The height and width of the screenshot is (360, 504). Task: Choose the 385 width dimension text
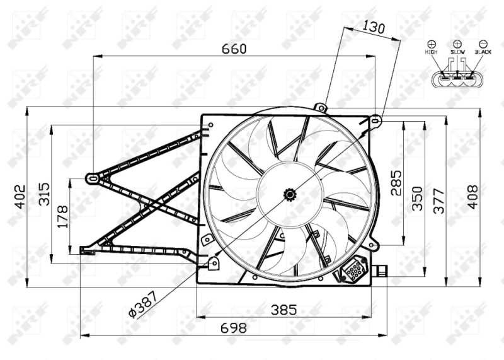tap(283, 310)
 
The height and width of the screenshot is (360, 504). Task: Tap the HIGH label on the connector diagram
tap(432, 52)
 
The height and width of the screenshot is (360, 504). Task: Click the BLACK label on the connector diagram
tap(483, 52)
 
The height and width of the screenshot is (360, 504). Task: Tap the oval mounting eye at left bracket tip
tap(93, 178)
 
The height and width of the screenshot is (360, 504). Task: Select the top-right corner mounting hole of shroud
tap(375, 119)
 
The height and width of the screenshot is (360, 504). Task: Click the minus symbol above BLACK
tap(483, 44)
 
